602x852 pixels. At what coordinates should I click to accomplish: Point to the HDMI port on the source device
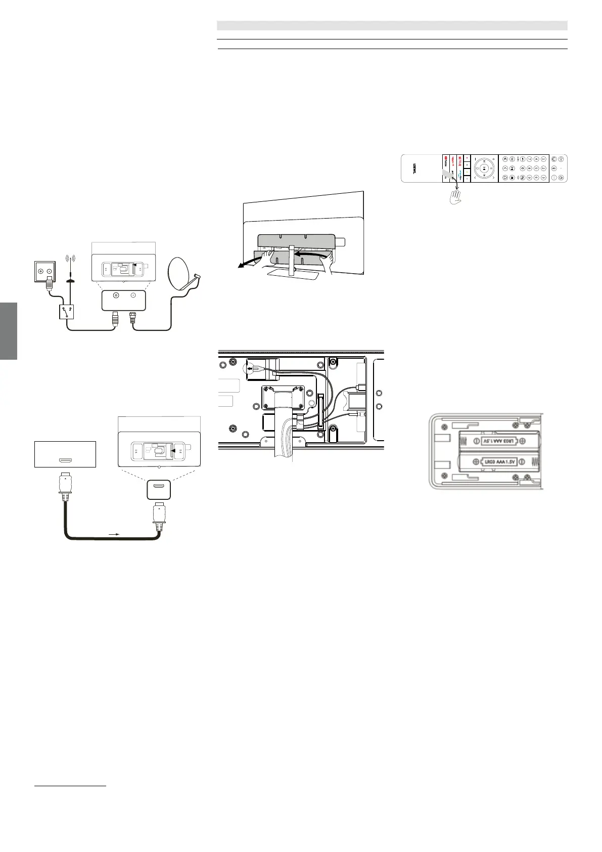[x=65, y=460]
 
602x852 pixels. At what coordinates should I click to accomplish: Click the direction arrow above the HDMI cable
[x=113, y=533]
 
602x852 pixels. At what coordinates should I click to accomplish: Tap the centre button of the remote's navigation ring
[x=484, y=167]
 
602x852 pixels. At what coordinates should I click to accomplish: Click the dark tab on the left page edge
[x=9, y=331]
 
